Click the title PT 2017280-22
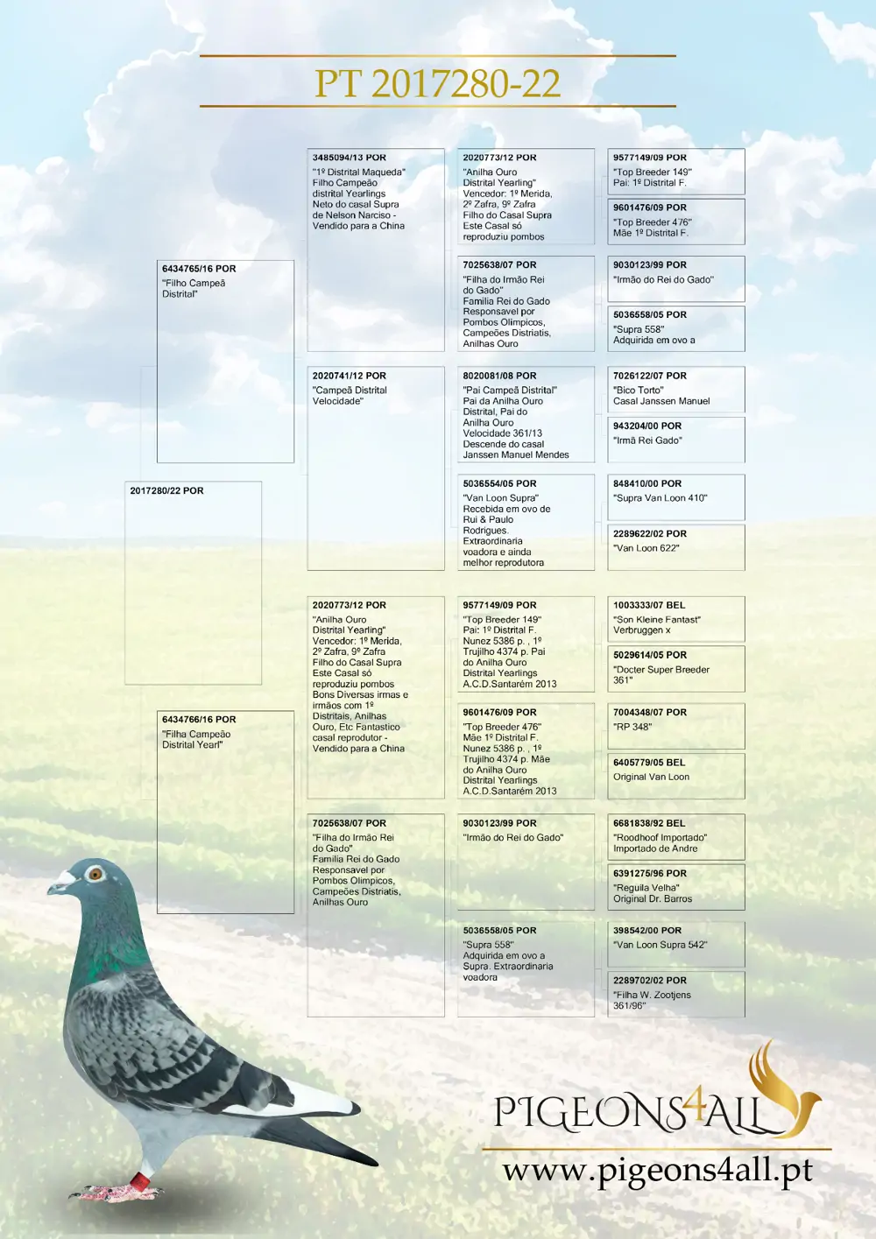click(437, 83)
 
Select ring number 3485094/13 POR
click(350, 158)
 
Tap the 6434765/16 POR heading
click(199, 269)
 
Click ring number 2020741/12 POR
click(350, 376)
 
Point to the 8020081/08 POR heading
click(499, 376)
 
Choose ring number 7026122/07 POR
click(650, 376)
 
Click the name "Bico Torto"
click(639, 391)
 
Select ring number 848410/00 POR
click(647, 483)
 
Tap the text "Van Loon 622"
click(646, 548)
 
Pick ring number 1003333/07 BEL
click(649, 605)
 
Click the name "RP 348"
click(632, 727)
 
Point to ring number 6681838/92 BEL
click(649, 823)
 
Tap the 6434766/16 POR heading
click(199, 720)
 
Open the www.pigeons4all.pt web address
click(657, 1170)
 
